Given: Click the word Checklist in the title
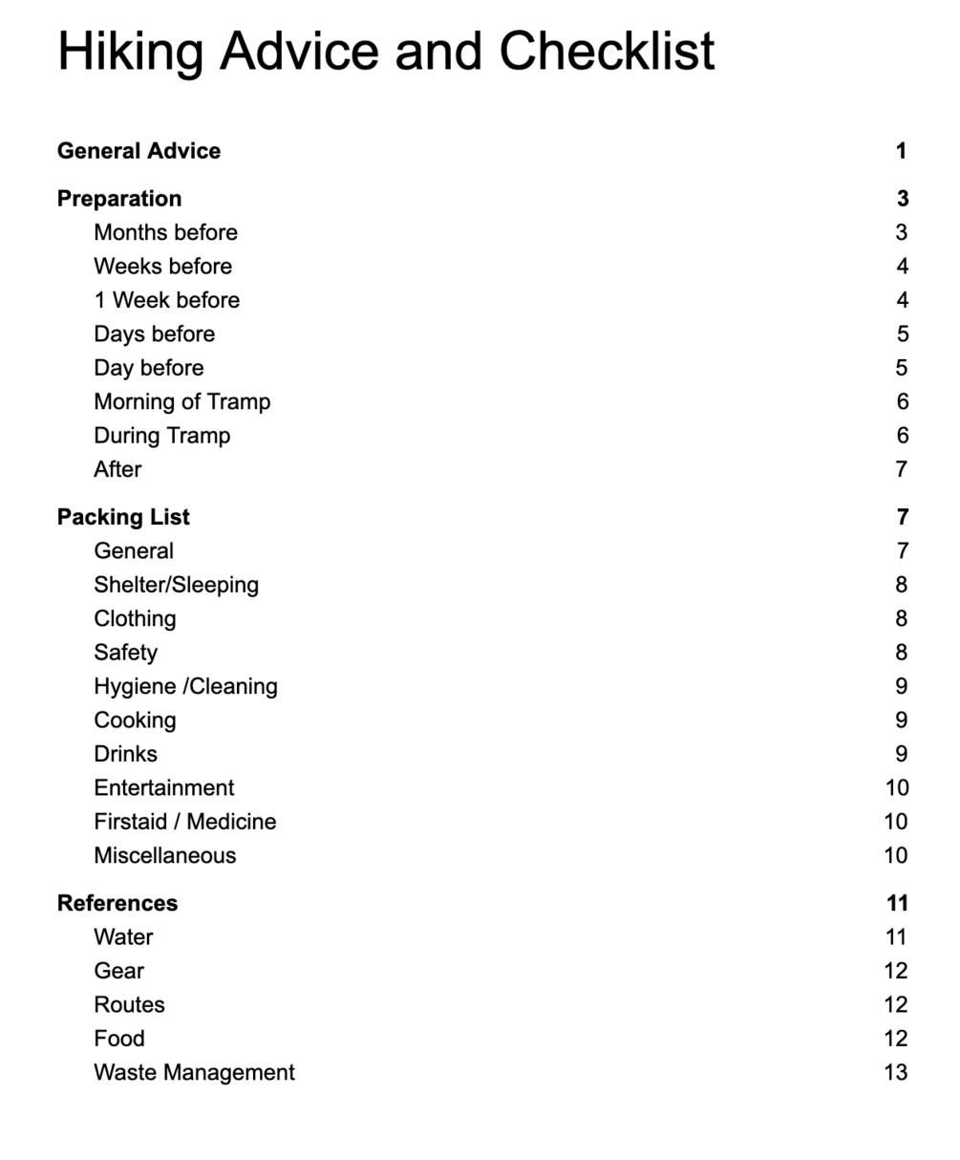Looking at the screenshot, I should click(x=607, y=51).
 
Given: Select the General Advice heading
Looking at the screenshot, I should click(x=139, y=151).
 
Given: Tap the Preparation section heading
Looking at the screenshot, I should click(x=119, y=199).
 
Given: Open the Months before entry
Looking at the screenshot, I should click(x=165, y=232).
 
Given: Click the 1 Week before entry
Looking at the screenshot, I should click(x=166, y=300).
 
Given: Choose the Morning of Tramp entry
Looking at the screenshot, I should click(x=181, y=401).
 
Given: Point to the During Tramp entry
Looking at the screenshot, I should click(x=161, y=436).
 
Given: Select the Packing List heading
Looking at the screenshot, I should click(x=123, y=517).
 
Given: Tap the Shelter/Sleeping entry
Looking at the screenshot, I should click(x=176, y=585).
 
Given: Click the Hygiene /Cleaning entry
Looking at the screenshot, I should click(x=185, y=686).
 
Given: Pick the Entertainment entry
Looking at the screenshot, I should click(x=163, y=787).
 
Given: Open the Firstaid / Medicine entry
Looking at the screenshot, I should click(x=184, y=822).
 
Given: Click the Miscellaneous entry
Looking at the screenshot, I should click(x=164, y=855).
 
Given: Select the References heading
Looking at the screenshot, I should click(x=117, y=903).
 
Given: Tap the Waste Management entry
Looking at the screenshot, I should click(x=194, y=1072).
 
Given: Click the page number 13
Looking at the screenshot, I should click(x=895, y=1072).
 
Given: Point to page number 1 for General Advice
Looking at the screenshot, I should click(x=901, y=151).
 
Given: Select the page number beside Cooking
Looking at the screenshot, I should click(x=901, y=720).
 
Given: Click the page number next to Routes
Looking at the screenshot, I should click(x=895, y=1004).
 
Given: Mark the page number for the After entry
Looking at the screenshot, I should click(x=901, y=469).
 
